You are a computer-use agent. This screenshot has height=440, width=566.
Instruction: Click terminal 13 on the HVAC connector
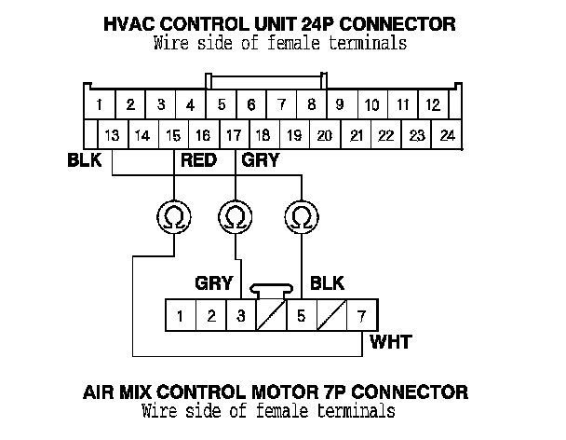[113, 134]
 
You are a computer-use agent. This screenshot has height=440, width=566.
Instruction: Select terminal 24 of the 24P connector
[448, 134]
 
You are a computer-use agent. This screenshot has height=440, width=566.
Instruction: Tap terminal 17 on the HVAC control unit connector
[234, 134]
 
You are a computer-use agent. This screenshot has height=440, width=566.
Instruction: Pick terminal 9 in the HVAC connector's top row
[341, 104]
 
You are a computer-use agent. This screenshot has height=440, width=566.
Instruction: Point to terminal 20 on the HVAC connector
[324, 134]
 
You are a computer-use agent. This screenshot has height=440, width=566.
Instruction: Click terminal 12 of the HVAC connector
[433, 104]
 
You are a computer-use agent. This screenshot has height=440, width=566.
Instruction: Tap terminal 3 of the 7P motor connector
[241, 315]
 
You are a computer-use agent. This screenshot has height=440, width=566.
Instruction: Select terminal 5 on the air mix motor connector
[301, 315]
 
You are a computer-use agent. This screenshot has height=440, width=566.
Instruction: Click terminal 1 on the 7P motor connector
[181, 315]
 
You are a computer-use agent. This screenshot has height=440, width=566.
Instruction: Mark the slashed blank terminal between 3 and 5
[271, 315]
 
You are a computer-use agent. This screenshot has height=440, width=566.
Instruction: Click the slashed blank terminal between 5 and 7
[330, 315]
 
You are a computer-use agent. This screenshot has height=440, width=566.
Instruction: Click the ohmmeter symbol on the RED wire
[174, 217]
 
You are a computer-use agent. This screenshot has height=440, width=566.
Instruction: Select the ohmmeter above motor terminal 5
[300, 217]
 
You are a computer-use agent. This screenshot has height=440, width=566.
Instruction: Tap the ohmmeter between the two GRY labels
[235, 217]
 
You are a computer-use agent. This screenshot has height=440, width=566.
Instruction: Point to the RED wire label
[198, 160]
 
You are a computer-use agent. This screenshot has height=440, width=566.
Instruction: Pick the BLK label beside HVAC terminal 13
[84, 160]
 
